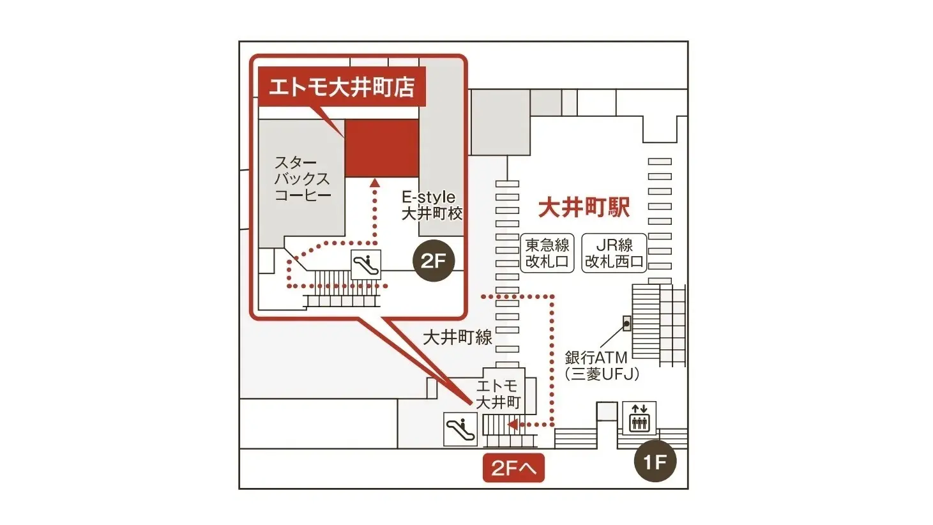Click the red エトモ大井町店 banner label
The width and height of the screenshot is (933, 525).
click(342, 86)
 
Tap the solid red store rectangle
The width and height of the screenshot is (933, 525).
click(382, 148)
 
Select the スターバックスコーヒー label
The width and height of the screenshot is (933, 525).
click(302, 179)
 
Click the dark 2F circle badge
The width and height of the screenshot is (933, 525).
click(434, 261)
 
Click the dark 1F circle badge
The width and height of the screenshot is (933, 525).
click(655, 461)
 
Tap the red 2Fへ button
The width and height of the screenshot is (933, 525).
click(513, 469)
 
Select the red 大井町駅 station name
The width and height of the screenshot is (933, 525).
click(584, 207)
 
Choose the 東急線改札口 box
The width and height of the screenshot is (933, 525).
click(547, 253)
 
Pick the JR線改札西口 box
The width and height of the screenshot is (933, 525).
click(614, 253)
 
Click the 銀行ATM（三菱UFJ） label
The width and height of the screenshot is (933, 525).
click(602, 366)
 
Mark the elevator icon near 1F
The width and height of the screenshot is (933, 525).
click(639, 418)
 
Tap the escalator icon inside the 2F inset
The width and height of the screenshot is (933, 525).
click(366, 264)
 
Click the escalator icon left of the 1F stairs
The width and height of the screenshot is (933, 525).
click(460, 429)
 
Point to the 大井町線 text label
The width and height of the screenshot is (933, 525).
click(457, 337)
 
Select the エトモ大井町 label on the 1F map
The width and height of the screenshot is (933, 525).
click(498, 394)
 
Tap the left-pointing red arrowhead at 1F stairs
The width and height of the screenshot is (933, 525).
click(511, 424)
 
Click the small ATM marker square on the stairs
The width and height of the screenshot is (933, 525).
click(626, 323)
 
